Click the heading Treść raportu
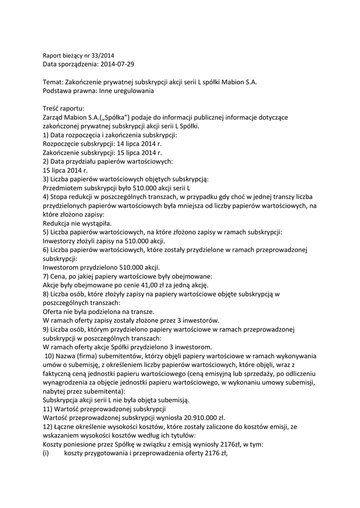point(63,109)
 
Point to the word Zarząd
point(54,118)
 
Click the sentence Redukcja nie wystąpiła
point(77,223)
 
